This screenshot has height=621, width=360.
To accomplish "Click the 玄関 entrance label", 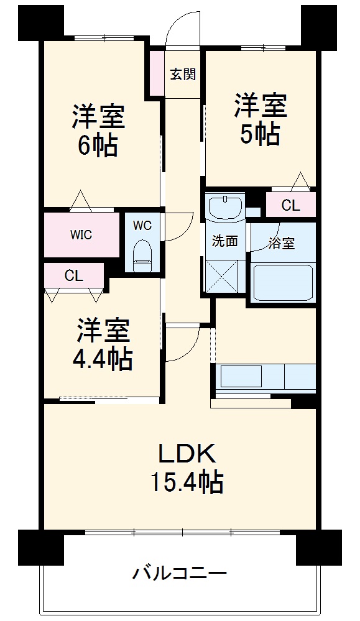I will [x=183, y=74].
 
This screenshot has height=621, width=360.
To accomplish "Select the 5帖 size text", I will [x=261, y=134].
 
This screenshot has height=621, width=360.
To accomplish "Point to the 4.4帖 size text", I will [x=104, y=359].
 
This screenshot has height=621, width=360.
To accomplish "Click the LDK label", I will [x=187, y=454].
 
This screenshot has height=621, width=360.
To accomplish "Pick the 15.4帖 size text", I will [x=187, y=482].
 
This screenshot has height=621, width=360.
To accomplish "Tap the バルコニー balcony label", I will [x=180, y=572].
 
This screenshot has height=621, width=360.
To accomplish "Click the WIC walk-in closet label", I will [x=81, y=234].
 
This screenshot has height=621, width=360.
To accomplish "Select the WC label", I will [x=142, y=226].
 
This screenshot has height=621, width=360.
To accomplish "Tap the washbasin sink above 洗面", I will [x=224, y=208].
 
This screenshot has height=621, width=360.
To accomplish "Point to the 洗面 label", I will [x=224, y=241].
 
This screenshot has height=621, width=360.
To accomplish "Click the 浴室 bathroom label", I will [x=282, y=244].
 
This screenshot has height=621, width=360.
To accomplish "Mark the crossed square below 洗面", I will [x=223, y=275].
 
